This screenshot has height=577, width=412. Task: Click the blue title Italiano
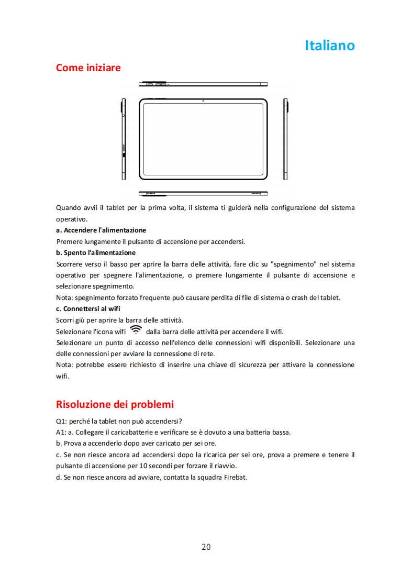click(329, 46)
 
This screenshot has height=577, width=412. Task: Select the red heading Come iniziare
click(88, 68)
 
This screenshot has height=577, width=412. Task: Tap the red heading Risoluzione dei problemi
click(115, 404)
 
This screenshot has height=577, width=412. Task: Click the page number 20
click(206, 547)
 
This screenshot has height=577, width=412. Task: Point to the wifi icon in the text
click(136, 330)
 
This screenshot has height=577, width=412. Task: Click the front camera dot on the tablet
click(203, 101)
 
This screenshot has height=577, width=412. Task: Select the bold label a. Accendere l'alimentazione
click(101, 230)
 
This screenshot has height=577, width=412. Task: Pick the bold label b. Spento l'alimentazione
click(96, 252)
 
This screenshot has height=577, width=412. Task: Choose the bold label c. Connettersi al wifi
click(88, 308)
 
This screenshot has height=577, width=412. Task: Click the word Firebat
click(235, 477)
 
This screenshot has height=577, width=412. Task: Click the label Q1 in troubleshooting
click(60, 421)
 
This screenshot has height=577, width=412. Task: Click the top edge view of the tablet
click(203, 84)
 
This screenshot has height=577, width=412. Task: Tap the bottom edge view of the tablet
click(203, 193)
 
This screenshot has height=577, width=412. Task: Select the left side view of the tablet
click(124, 139)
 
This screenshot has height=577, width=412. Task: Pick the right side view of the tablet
click(286, 139)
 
